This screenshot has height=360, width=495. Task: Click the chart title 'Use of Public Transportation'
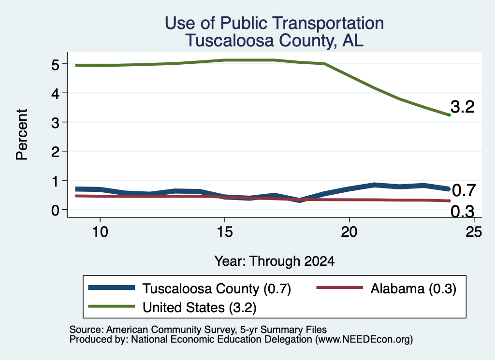(275, 23)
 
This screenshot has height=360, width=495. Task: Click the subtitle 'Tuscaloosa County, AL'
(275, 41)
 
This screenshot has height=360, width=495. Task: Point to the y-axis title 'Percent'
(22, 134)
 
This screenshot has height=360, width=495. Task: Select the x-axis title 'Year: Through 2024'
(275, 261)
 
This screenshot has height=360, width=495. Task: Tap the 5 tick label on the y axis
(55, 65)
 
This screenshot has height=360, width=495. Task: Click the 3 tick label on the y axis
(55, 123)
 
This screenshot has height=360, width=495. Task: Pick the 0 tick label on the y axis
(55, 210)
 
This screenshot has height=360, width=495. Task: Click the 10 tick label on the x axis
(100, 232)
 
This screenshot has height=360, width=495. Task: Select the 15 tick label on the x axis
(225, 232)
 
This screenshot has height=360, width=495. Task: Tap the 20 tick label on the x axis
(349, 232)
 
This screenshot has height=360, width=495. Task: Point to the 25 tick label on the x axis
(474, 232)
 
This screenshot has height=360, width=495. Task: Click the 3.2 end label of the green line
(463, 107)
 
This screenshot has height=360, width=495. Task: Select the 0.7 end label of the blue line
(464, 190)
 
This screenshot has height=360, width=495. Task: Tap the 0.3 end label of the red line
(463, 211)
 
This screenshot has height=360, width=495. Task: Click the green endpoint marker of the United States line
(449, 115)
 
